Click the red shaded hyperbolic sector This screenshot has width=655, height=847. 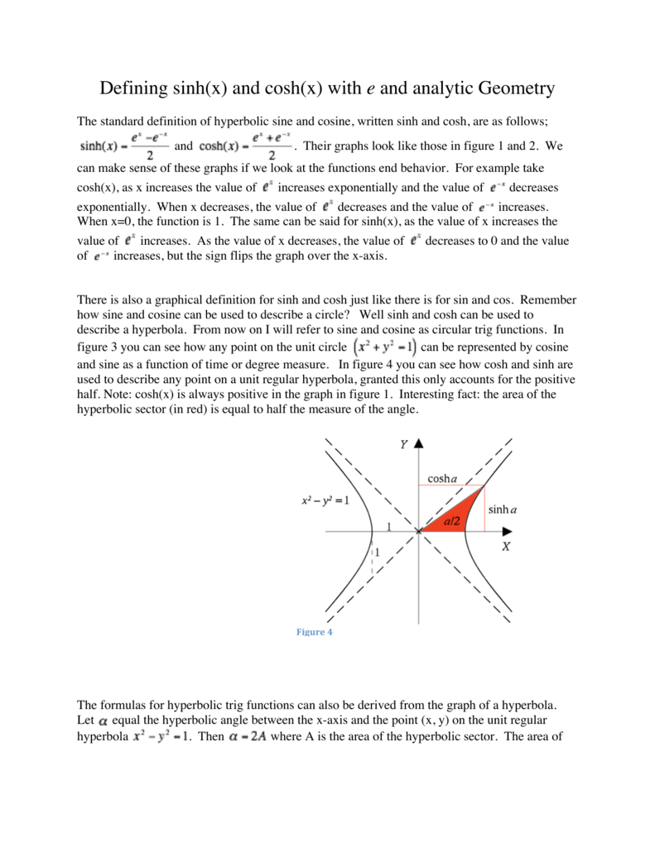450,519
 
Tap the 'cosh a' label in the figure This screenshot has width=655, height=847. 443,479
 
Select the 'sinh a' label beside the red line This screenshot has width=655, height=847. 503,510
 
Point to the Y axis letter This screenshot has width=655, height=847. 404,444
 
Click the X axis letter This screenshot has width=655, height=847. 505,547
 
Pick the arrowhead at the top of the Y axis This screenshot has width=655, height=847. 419,444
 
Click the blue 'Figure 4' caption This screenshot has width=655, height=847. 314,633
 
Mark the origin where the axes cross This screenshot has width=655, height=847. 419,532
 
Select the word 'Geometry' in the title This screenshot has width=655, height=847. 513,88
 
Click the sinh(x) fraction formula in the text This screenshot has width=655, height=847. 122,146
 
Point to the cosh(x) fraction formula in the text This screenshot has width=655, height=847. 243,146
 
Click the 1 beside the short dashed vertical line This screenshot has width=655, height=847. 378,552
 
